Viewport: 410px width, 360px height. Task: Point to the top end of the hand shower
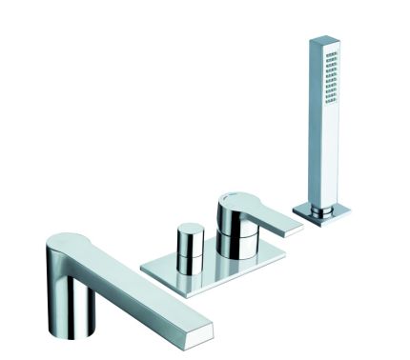(x=322, y=41)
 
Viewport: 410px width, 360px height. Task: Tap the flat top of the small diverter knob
(x=190, y=230)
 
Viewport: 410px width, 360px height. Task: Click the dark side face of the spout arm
(x=143, y=305)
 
